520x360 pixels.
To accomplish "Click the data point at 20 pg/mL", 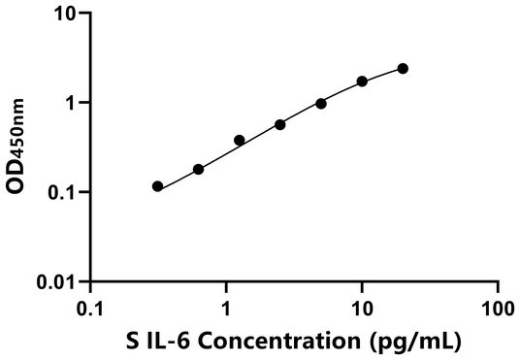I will (x=403, y=68).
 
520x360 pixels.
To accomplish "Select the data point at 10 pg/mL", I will (x=362, y=82).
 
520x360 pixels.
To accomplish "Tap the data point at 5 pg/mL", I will (x=321, y=103).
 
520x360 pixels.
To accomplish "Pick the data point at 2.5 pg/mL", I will (x=280, y=124).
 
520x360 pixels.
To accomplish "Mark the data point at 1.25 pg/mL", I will (x=240, y=140).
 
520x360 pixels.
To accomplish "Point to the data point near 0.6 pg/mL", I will (x=199, y=169).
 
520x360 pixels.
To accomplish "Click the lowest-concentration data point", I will (x=158, y=185).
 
